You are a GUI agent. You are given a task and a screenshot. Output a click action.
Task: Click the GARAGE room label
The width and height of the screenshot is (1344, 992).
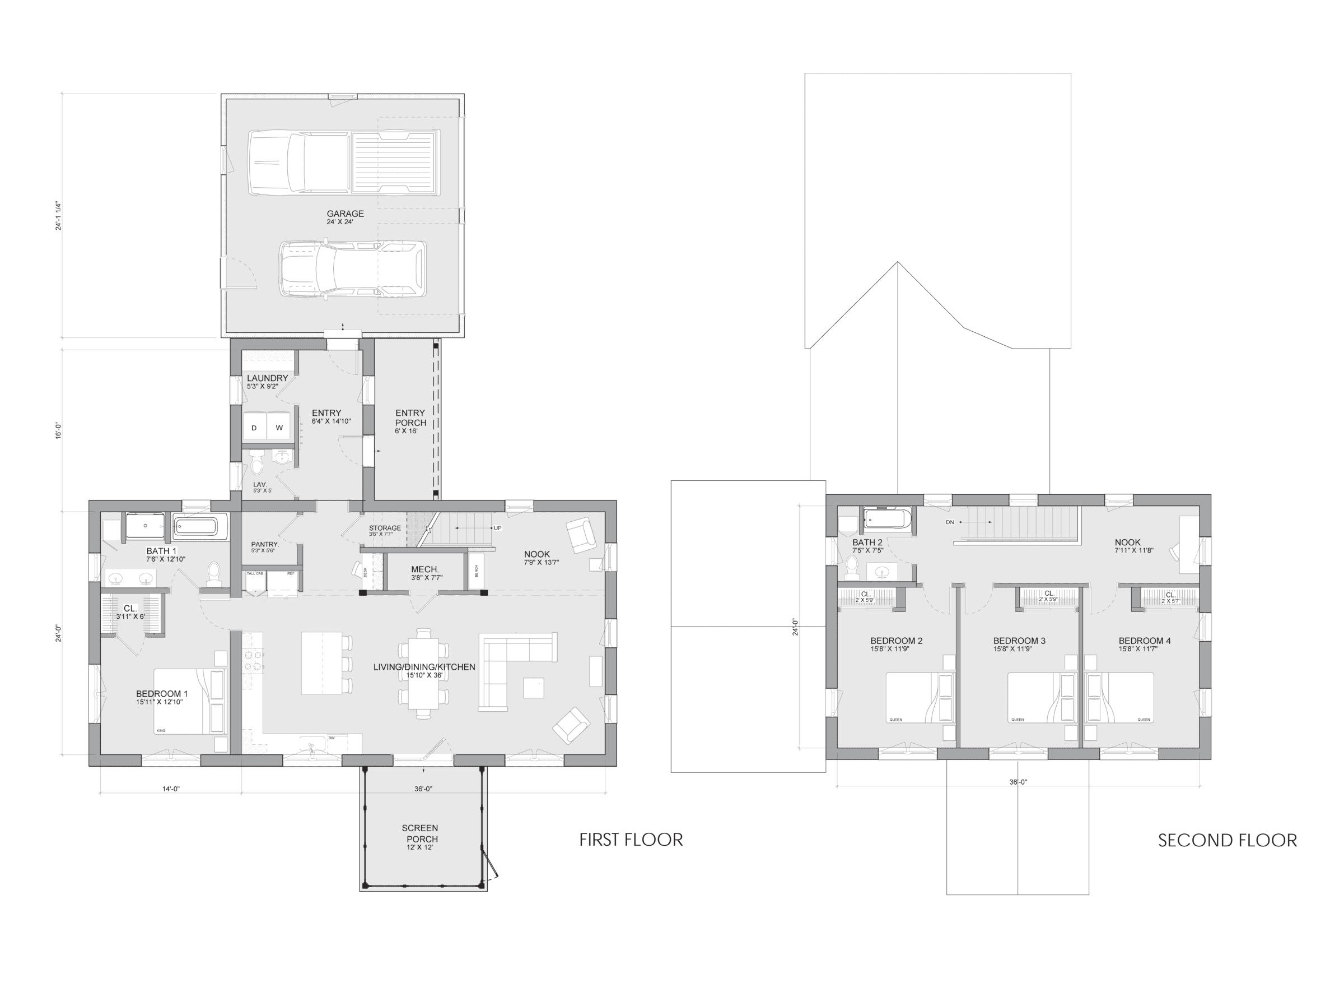click(x=345, y=214)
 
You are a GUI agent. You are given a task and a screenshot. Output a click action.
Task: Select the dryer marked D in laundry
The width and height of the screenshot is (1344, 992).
click(x=254, y=428)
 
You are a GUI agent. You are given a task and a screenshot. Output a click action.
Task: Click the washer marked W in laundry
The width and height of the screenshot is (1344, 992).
click(x=279, y=428)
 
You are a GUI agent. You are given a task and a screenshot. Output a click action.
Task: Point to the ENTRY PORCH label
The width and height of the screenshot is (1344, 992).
click(x=410, y=418)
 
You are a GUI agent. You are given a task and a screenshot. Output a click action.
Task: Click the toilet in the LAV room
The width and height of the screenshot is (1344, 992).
click(x=258, y=465)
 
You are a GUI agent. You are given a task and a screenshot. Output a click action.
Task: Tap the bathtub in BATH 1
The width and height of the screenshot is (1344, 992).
click(x=201, y=527)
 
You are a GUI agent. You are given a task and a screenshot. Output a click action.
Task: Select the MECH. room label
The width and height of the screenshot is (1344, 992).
click(x=425, y=569)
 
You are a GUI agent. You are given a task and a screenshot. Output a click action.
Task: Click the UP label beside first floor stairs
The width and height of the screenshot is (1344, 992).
click(x=497, y=529)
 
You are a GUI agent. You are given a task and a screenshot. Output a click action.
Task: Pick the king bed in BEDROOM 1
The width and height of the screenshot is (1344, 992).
click(x=189, y=701)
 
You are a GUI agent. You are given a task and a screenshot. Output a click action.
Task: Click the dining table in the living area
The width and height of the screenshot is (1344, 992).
click(x=423, y=673)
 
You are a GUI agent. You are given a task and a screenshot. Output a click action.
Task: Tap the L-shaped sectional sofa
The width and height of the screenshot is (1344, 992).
click(x=510, y=661)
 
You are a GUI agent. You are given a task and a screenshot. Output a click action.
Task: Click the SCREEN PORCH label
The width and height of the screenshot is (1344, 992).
click(x=420, y=833)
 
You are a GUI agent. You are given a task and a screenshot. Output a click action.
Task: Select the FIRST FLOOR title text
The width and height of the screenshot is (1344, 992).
click(x=631, y=840)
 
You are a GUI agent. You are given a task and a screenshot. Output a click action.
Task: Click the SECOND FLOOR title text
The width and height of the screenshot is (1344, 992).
click(x=1227, y=840)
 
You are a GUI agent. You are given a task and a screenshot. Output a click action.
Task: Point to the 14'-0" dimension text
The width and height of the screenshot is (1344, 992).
click(x=171, y=789)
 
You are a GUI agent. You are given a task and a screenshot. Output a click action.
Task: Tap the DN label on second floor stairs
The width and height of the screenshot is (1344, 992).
click(x=950, y=522)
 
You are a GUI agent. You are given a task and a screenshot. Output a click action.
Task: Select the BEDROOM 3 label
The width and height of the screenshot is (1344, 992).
click(x=1019, y=641)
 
